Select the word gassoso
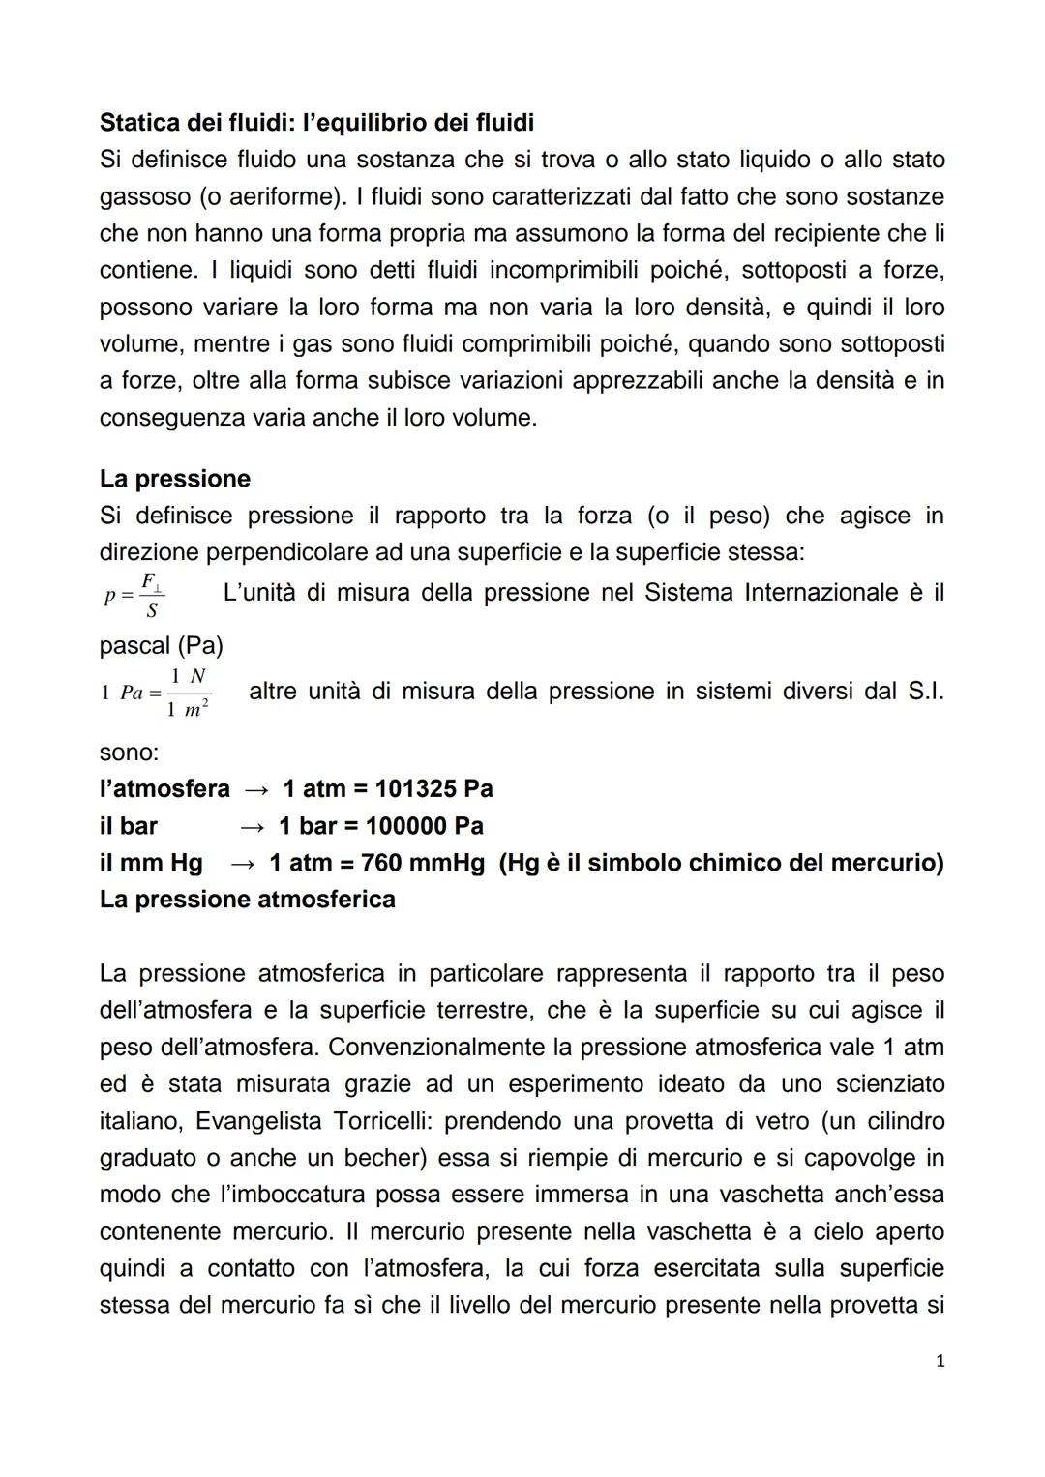point(145,197)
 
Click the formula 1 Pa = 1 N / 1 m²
point(156,693)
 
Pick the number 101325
point(415,789)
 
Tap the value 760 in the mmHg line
point(381,863)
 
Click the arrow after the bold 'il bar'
point(253,826)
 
